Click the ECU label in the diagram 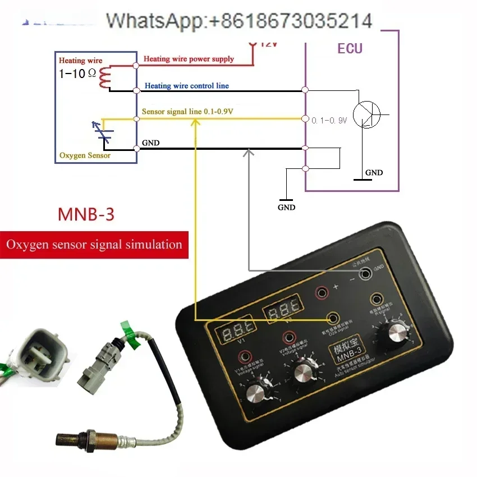[x=350, y=48]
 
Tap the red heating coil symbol [x=105, y=77]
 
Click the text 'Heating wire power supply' [x=189, y=59]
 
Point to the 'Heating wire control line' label [x=186, y=86]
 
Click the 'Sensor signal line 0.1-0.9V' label [x=187, y=112]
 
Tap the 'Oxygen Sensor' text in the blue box [x=85, y=155]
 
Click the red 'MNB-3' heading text [x=86, y=214]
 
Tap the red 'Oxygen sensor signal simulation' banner [x=94, y=245]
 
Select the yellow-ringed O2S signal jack [x=332, y=319]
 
